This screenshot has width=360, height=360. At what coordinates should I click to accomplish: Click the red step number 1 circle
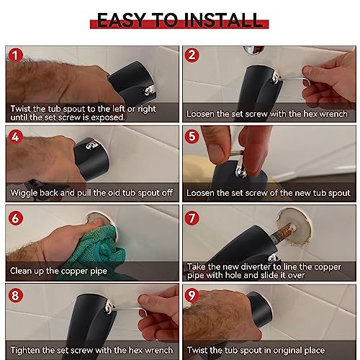[15, 55]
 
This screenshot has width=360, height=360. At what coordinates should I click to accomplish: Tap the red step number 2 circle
[192, 55]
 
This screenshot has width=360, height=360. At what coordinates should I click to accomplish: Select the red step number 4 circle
[15, 135]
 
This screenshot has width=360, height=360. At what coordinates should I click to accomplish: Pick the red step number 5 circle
[192, 135]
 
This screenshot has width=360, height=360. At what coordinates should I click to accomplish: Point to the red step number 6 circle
[15, 214]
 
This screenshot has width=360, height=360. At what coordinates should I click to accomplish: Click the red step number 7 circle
[192, 214]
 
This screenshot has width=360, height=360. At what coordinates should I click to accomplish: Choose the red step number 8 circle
[15, 294]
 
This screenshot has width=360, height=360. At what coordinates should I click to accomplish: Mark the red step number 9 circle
[192, 294]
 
